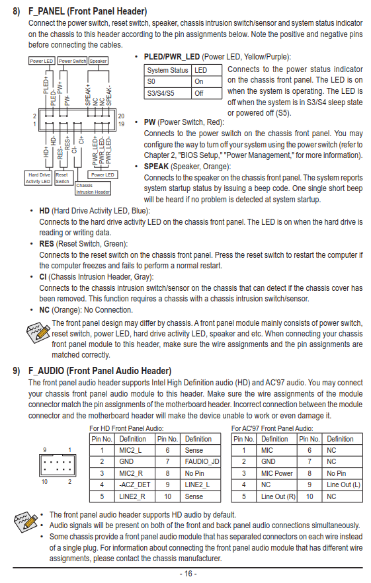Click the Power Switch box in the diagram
(72, 61)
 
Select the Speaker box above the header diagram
(99, 61)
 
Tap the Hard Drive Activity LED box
(38, 178)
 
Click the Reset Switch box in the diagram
(62, 178)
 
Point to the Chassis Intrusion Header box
(93, 188)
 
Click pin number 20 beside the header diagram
(121, 116)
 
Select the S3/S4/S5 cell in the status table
(167, 93)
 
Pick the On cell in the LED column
(206, 82)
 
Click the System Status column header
(167, 70)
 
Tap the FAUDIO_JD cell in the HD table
(202, 462)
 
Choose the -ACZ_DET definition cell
(134, 485)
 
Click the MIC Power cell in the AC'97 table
(277, 473)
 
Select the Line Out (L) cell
(343, 485)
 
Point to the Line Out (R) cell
(277, 497)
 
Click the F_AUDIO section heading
(100, 371)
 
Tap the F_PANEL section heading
(88, 11)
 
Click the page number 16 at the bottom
(188, 574)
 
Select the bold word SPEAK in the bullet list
(156, 167)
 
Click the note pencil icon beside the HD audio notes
(26, 522)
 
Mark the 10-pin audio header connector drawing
(58, 466)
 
